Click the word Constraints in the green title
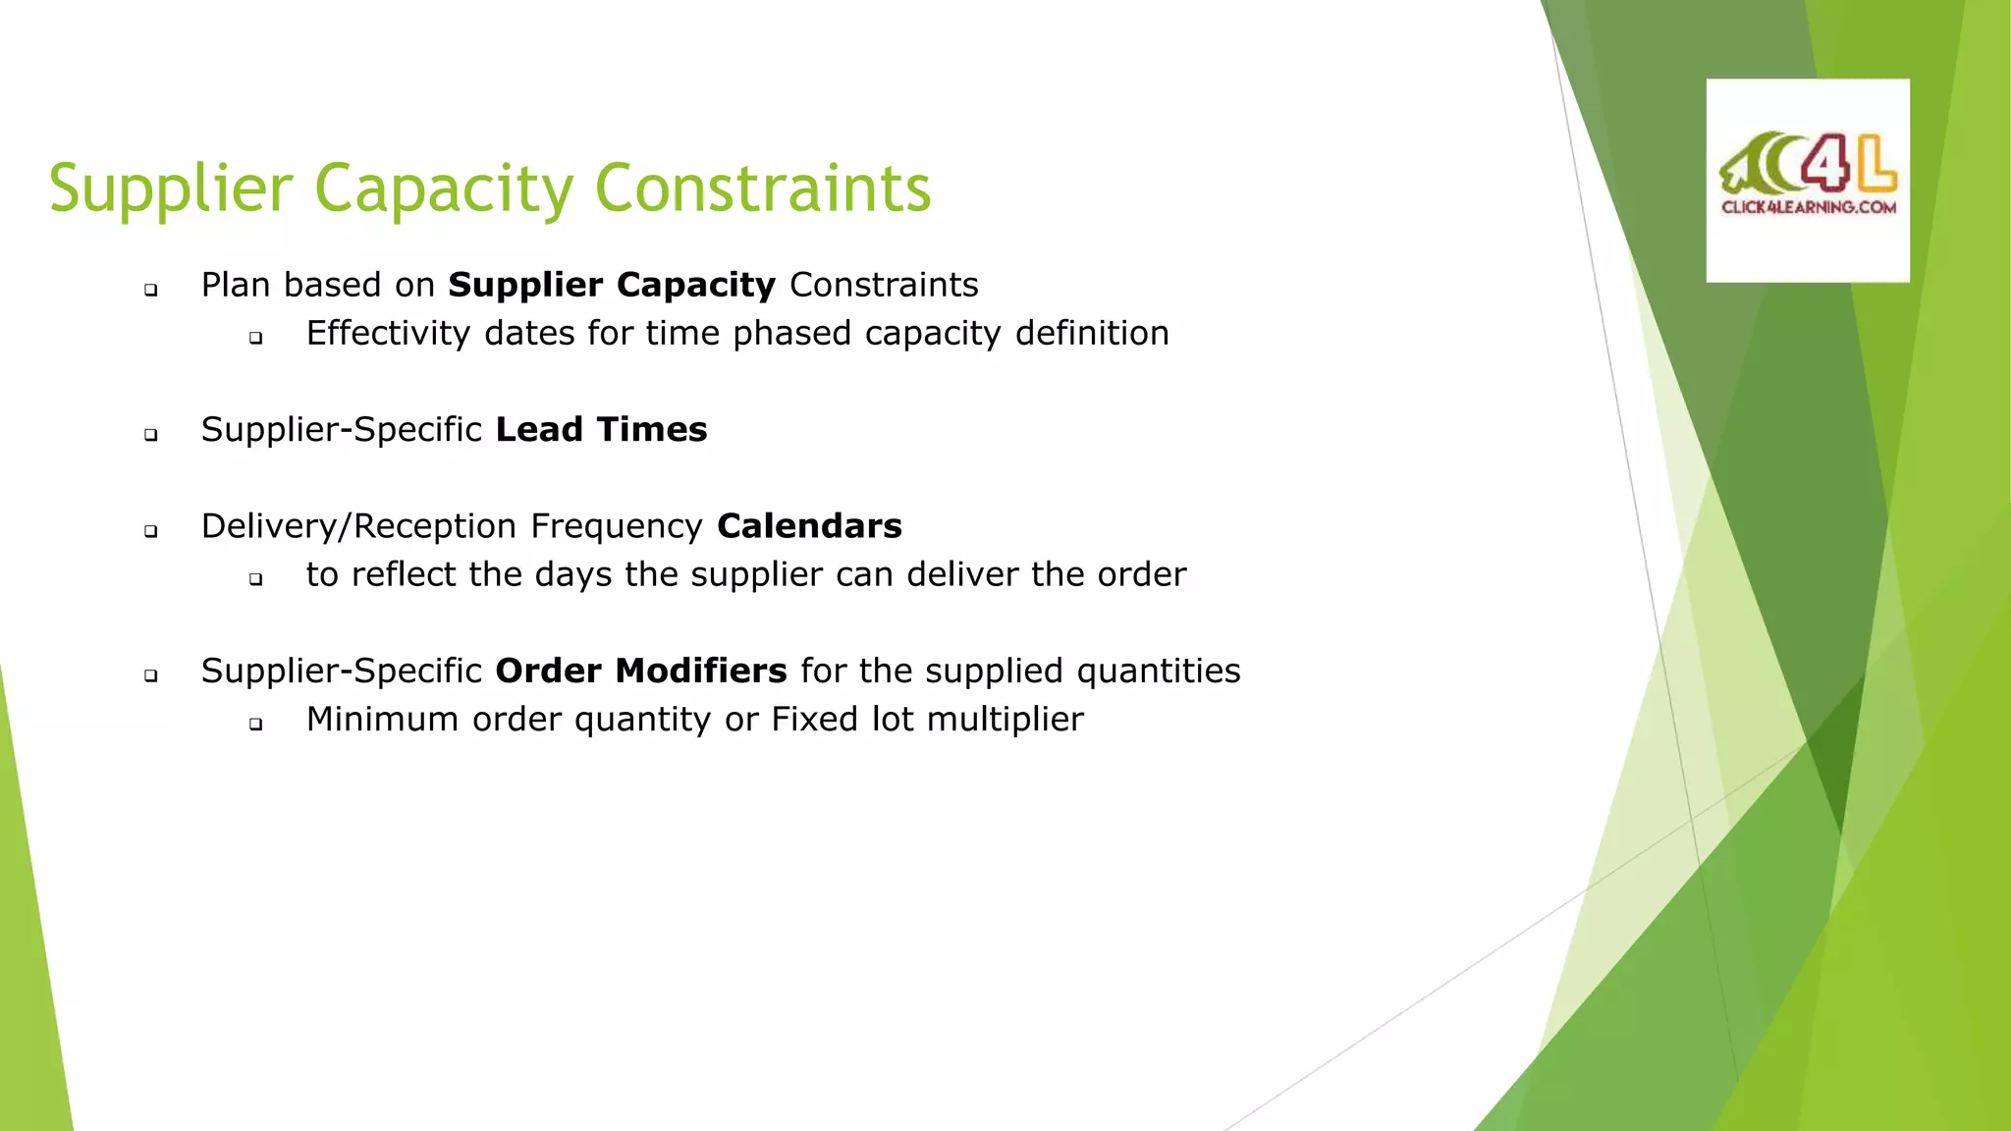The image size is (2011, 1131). click(x=762, y=188)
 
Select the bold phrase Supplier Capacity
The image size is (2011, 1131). click(x=612, y=285)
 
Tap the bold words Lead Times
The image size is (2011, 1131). click(x=601, y=430)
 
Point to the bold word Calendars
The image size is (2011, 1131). click(x=809, y=526)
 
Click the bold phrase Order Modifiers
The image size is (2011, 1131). click(x=640, y=671)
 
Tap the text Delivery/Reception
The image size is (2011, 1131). click(x=358, y=526)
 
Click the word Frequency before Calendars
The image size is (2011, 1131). click(x=616, y=526)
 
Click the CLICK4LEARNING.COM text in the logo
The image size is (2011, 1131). click(x=1808, y=207)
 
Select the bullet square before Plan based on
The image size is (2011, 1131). click(x=151, y=290)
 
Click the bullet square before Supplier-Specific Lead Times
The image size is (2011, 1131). click(x=151, y=434)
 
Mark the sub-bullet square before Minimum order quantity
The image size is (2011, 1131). click(x=256, y=725)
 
